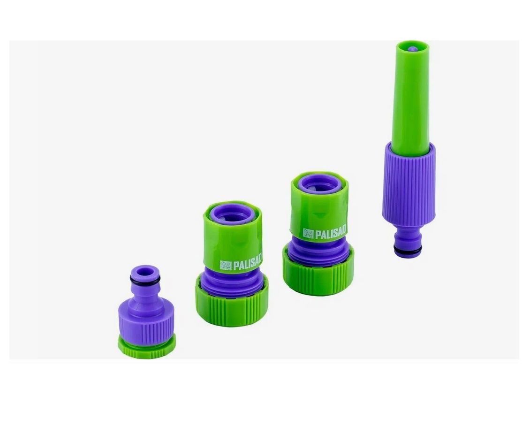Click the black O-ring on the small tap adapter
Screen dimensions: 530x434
click(145, 281)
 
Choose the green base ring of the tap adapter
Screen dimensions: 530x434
click(147, 346)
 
